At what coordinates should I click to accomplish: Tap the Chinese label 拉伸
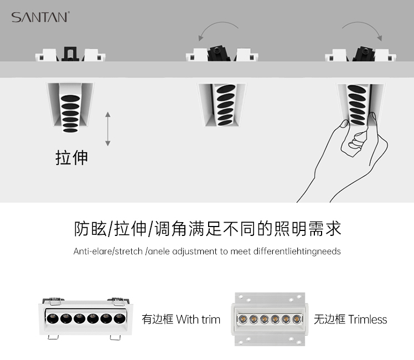tap(72, 157)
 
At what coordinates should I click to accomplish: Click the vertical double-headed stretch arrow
tap(108, 128)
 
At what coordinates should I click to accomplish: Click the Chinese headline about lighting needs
tap(207, 228)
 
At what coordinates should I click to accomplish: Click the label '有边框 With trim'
tap(181, 320)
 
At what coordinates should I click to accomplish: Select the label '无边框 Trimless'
tap(350, 320)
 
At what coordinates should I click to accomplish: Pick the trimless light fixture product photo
tap(269, 318)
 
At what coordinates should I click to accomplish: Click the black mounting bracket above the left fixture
tap(70, 53)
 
